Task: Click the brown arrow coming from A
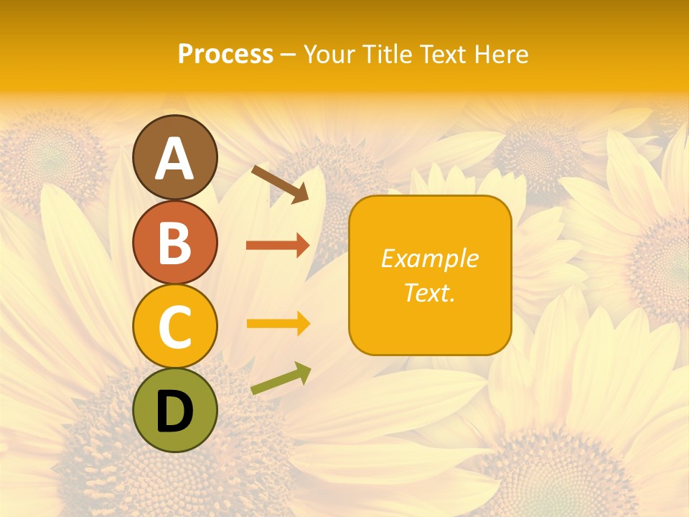coord(279,184)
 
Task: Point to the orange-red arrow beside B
coord(278,246)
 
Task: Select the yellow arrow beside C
coord(278,324)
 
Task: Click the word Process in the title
coord(225,55)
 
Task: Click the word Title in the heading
coord(388,55)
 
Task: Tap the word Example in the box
coord(429,258)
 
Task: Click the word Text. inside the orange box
coord(429,292)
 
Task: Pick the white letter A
coord(174,159)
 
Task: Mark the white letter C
coord(174,327)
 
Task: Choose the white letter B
coord(174,243)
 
